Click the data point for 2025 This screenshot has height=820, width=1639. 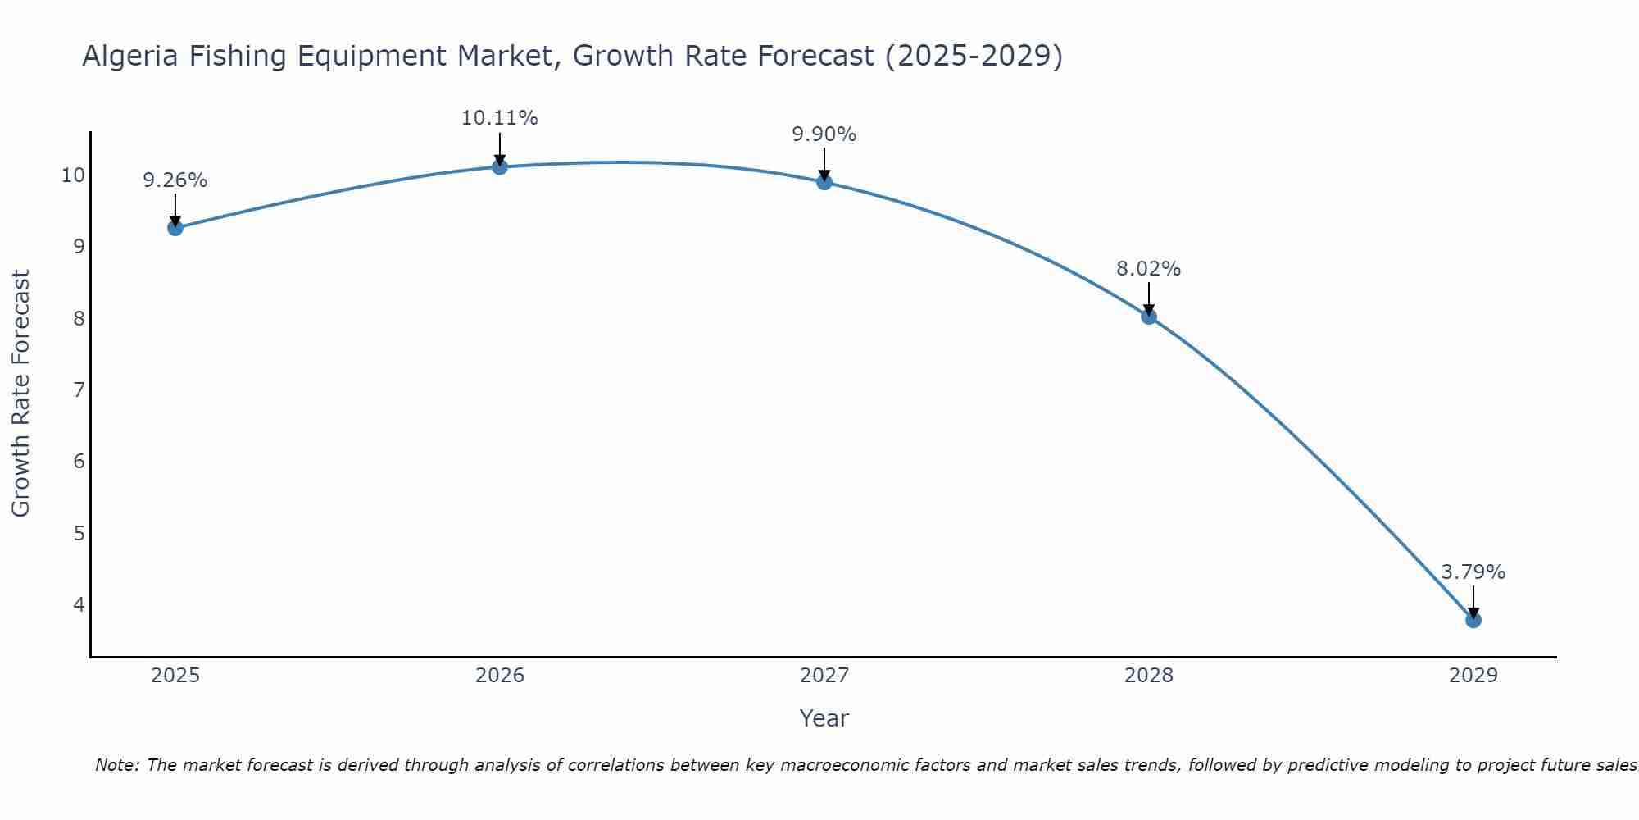(175, 228)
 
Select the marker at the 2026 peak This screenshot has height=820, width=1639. (500, 167)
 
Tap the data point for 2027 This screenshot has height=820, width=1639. (824, 182)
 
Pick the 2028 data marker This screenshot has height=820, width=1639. (1149, 317)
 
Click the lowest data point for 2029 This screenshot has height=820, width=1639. (1473, 620)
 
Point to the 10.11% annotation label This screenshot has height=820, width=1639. (499, 118)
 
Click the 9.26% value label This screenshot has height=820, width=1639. (175, 180)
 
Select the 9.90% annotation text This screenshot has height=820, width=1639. (824, 134)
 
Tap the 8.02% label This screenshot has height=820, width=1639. (1148, 269)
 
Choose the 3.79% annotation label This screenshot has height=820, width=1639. (1473, 572)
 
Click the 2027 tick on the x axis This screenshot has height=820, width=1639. (824, 676)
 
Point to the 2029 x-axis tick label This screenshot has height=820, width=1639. (1473, 676)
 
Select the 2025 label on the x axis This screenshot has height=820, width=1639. (175, 676)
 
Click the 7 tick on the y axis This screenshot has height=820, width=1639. (79, 389)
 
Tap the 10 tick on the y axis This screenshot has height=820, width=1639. (73, 175)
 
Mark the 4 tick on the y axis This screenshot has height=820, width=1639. (79, 604)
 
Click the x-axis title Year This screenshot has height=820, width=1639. (824, 718)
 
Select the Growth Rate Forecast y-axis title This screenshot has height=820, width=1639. (21, 394)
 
